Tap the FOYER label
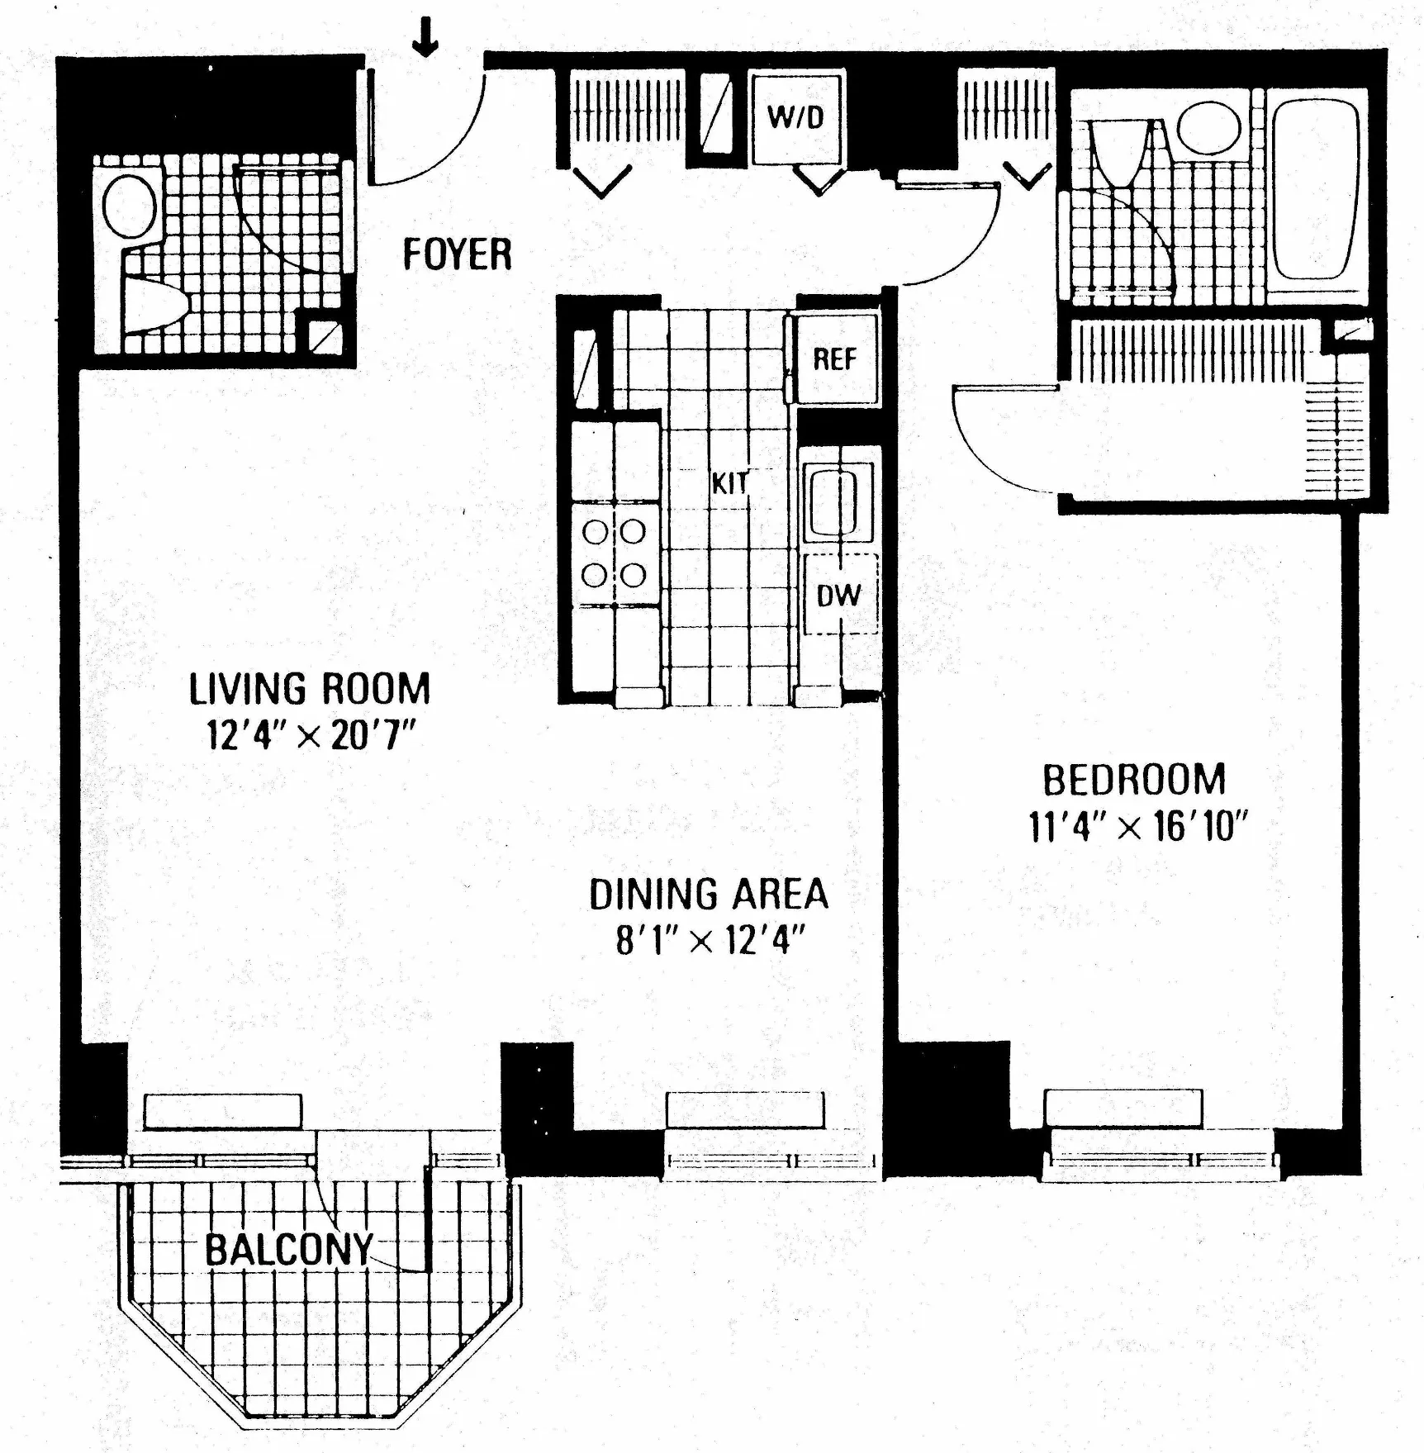[457, 254]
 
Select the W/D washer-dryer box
[796, 117]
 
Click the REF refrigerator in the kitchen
[834, 359]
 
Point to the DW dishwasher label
[838, 596]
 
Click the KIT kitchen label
[730, 482]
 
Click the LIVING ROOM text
[310, 689]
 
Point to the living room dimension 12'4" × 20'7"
[310, 734]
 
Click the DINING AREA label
[708, 894]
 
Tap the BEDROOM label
[1134, 779]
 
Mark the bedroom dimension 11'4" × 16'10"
[1137, 825]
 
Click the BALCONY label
[289, 1249]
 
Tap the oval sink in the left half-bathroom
[130, 207]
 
